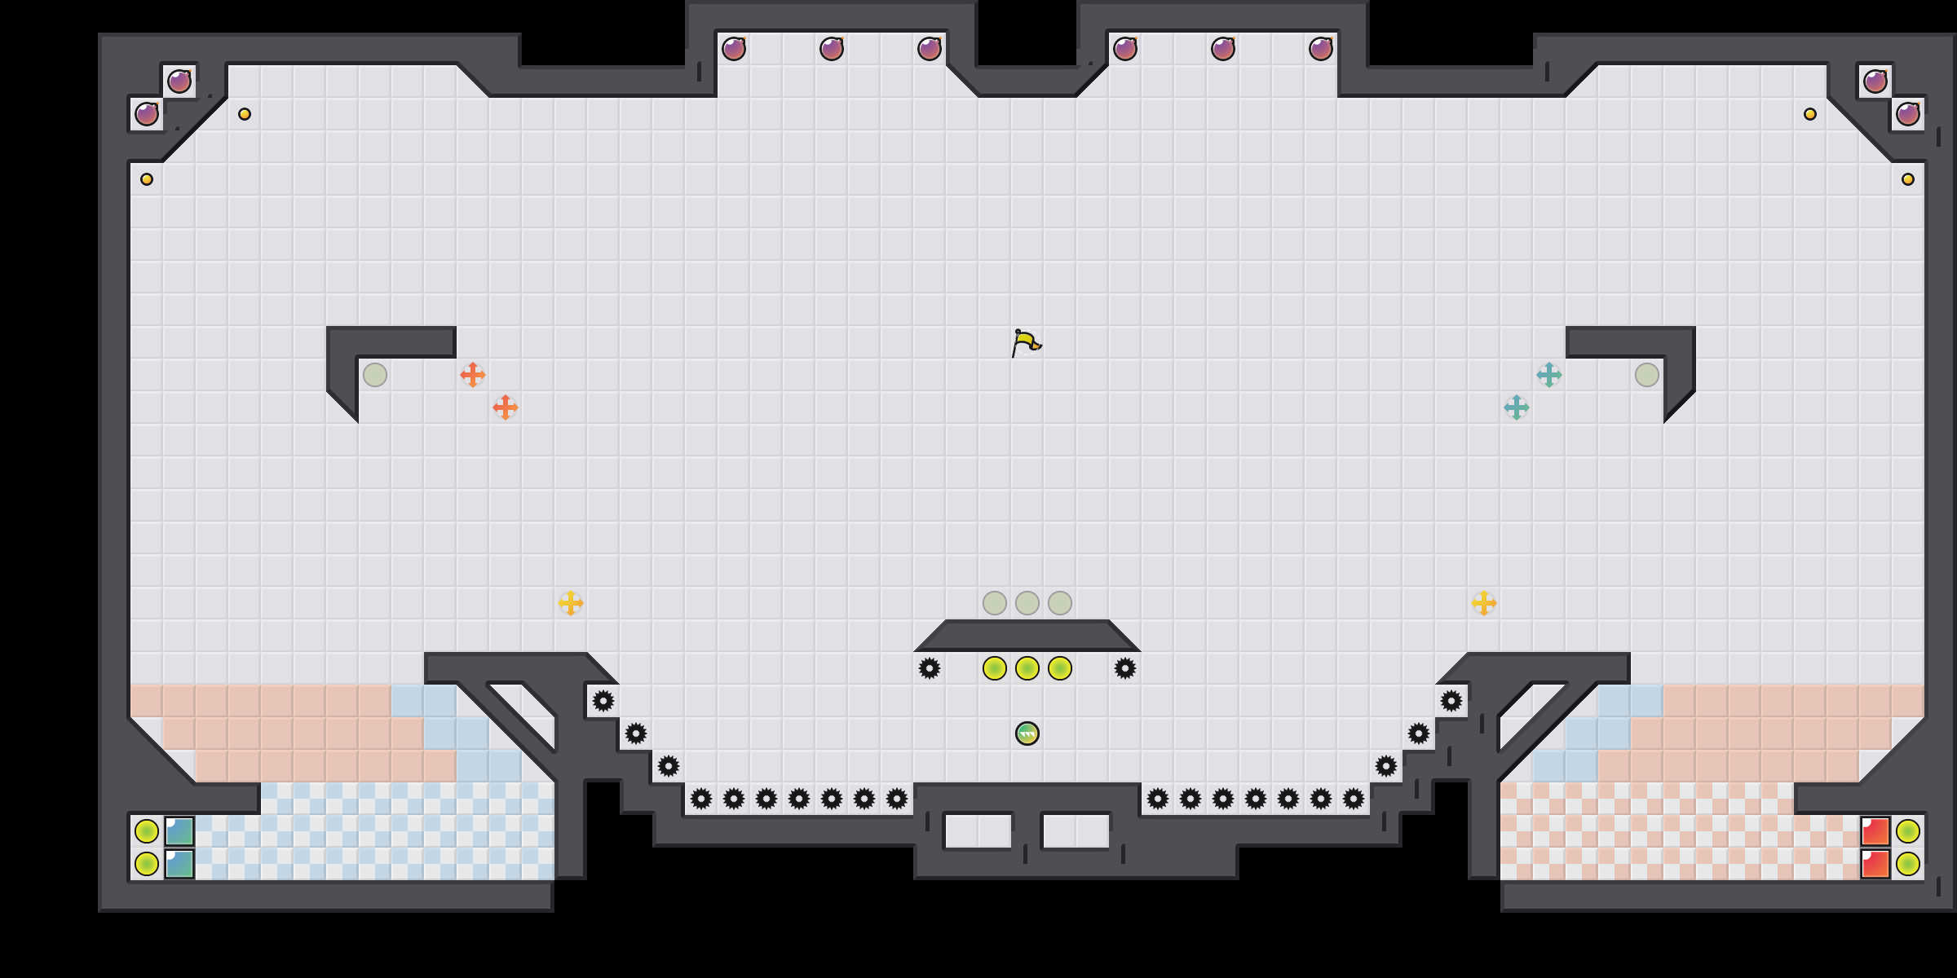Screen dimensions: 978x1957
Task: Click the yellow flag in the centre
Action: (1026, 342)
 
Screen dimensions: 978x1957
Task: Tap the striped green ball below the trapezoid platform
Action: (1027, 733)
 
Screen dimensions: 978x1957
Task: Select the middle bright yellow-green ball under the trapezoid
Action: (1027, 668)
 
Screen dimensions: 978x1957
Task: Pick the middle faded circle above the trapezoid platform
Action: (1027, 603)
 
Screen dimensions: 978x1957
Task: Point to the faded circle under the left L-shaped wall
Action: (375, 375)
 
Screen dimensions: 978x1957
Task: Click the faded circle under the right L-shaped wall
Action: (1647, 375)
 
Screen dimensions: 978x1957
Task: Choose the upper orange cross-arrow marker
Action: (473, 375)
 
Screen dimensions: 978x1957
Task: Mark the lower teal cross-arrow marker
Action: (1517, 407)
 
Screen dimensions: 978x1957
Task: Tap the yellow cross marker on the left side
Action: (571, 603)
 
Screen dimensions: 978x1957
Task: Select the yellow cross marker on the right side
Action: (1484, 603)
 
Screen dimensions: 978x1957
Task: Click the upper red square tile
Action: (1875, 831)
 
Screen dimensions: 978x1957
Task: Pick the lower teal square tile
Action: (179, 864)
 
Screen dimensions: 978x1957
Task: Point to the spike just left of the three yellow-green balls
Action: (930, 668)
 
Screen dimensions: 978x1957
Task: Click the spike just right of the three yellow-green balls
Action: (1125, 668)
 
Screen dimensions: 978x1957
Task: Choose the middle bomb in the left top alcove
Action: (832, 49)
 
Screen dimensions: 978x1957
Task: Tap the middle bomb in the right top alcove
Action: (1223, 49)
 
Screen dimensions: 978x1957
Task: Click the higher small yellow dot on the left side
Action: (245, 114)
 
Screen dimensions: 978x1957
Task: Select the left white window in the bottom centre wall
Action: (978, 831)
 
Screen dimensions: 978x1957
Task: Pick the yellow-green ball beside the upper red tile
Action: (1908, 831)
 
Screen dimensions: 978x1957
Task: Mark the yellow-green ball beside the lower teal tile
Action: (147, 864)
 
